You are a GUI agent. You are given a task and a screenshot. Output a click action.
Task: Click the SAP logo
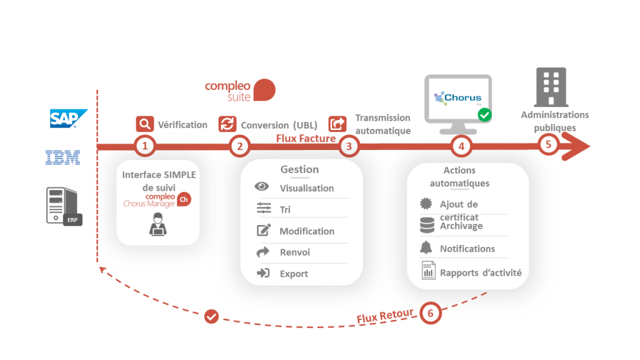point(68,118)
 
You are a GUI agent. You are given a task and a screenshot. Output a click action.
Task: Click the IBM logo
point(63,157)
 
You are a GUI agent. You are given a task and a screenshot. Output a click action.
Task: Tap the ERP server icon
point(63,206)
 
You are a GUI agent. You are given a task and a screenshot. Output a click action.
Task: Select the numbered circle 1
point(145,146)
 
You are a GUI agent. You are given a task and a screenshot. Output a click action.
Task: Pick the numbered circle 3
point(349,146)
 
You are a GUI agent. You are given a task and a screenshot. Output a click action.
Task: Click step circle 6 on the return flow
point(431,312)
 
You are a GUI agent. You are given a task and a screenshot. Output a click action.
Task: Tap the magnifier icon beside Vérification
point(144,124)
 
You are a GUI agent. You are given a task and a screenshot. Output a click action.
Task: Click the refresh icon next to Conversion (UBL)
point(227,124)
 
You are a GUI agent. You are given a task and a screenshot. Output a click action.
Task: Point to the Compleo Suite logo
point(240,90)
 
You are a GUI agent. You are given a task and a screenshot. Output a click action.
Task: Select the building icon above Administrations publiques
point(551,87)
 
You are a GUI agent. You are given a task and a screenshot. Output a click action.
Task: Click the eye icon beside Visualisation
point(262,187)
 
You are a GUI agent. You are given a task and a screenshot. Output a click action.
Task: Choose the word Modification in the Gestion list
point(307,231)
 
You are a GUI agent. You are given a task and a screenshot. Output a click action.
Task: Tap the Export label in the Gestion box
point(294,274)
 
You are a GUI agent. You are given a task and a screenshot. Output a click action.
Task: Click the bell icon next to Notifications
point(427,247)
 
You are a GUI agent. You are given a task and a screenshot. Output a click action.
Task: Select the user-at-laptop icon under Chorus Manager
point(157,224)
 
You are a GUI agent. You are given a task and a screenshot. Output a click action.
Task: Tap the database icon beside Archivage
point(427,224)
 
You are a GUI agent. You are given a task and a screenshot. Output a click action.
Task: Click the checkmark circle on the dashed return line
point(211,316)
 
